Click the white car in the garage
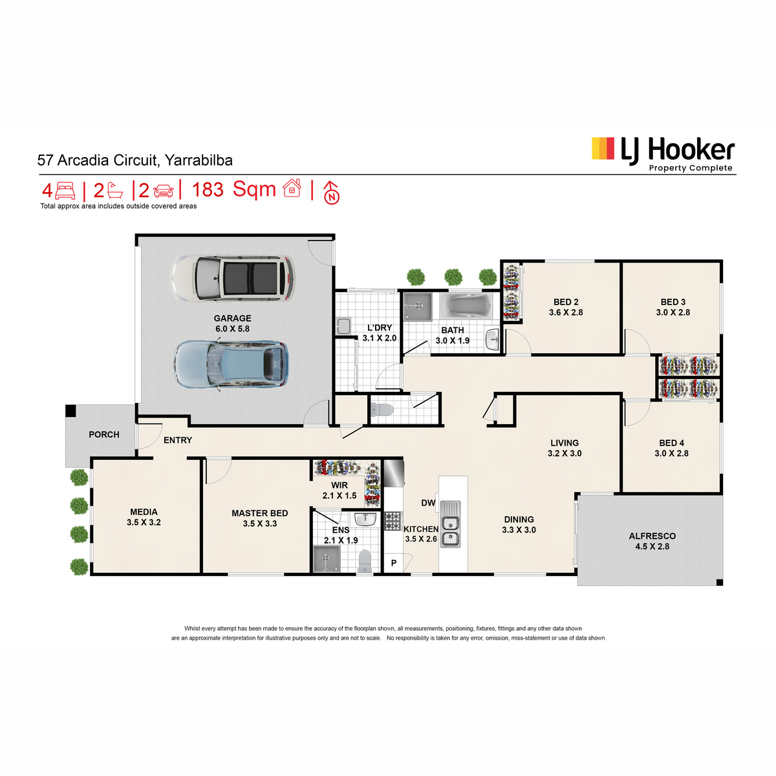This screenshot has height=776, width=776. coord(233,279)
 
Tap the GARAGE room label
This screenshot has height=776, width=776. coord(232,319)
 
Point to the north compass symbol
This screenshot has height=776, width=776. coord(332,193)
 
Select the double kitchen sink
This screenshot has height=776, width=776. coord(450,524)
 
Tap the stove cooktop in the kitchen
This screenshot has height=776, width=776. coord(393,521)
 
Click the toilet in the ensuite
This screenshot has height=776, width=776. coord(365,561)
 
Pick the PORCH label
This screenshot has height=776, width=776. coord(104,435)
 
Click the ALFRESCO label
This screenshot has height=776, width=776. coord(652,536)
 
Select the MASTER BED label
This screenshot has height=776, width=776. coord(260,513)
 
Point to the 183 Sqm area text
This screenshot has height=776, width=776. coord(233,189)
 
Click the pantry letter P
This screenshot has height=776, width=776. coord(394,563)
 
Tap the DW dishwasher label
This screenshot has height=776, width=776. coord(428,503)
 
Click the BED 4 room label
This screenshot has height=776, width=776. coord(671,443)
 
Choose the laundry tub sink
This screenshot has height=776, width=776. coord(343,326)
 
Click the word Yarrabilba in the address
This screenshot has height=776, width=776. coord(199,160)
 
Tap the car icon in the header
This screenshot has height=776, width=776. coord(164,191)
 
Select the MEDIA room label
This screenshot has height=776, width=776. coord(144,512)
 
